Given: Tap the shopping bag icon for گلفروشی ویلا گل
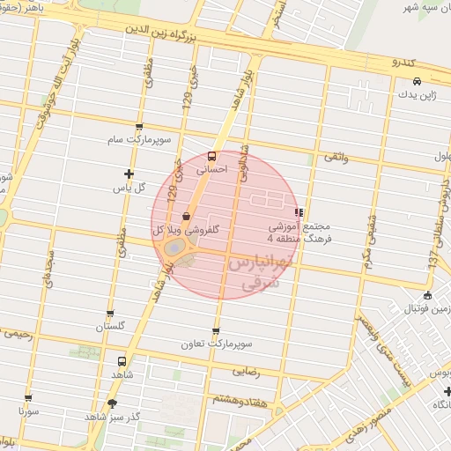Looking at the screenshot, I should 187,216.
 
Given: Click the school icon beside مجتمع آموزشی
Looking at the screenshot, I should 299,212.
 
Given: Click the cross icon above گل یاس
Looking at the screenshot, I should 129,174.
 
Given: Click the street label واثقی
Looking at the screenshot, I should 336,157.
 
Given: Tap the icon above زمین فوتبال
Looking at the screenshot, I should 428,296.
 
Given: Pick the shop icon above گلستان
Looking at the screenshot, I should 110,313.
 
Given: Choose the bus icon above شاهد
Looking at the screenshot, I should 122,360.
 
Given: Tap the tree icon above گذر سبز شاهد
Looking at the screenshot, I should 112,403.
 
